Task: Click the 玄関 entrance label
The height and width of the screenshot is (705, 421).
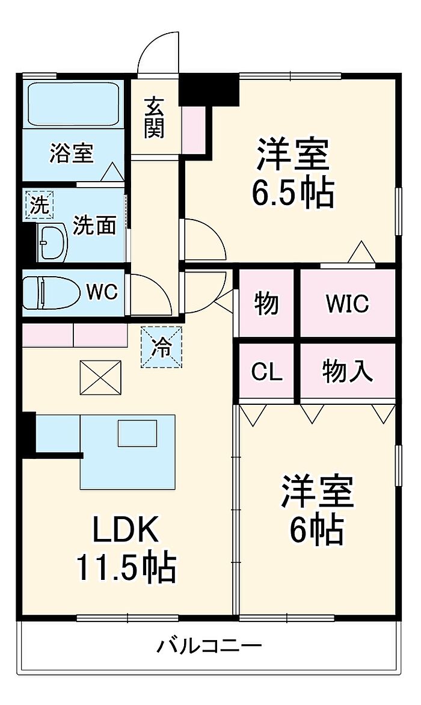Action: coord(154,117)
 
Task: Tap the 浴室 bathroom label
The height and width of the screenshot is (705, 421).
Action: coord(72,153)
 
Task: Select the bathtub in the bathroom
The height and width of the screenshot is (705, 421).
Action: coord(73,104)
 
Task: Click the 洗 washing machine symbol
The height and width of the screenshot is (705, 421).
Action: coord(38,206)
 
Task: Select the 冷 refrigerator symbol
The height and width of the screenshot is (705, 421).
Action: coord(161,347)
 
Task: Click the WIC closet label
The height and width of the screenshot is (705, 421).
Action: coord(347,303)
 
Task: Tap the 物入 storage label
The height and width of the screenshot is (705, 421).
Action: coord(348,372)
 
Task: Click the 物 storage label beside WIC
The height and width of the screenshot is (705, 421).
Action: coord(266,303)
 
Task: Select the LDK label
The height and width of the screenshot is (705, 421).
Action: coord(125,530)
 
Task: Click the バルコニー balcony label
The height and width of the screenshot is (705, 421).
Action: coord(210,647)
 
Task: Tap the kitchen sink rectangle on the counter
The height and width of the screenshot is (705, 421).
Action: coord(137,433)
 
